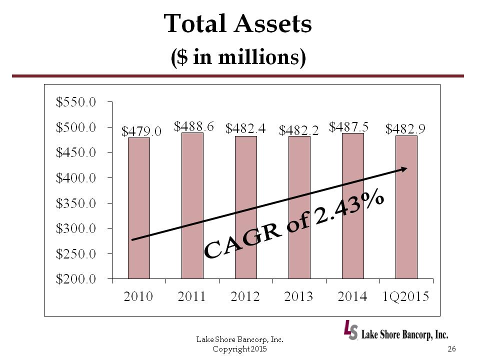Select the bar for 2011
point(192,205)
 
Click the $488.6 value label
point(194,126)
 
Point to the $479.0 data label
point(142,131)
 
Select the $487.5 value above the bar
point(349,127)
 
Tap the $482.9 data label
point(405,129)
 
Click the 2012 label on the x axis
point(245,297)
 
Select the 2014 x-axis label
point(352,297)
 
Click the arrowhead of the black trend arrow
point(404,169)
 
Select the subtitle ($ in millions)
point(238,57)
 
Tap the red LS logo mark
point(350,329)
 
